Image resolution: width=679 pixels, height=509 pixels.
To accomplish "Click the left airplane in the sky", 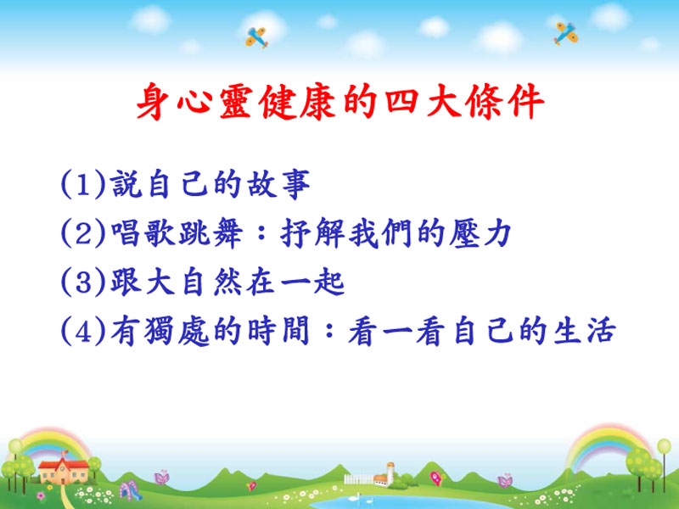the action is coord(256,37).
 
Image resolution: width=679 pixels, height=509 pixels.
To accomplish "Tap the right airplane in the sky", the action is coord(565,33).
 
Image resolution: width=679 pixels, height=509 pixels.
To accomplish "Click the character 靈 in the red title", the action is coord(236,102).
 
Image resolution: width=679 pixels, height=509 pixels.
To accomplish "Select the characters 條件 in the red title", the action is coord(505,102).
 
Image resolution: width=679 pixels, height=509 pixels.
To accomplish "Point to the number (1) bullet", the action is coord(83,184).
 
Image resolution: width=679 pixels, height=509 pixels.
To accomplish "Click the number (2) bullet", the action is coord(83,233).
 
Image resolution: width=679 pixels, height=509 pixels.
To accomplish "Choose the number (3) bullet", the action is coord(83,282).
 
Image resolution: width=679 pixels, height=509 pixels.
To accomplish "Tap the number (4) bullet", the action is coord(83,331).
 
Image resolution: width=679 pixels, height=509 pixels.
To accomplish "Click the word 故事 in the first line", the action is coord(278,184).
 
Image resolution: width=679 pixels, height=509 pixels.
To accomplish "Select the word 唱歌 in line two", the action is coord(142,233).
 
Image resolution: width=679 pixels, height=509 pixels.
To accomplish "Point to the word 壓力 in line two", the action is coord(480,233).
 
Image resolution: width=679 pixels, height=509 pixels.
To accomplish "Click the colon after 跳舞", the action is coord(261,234).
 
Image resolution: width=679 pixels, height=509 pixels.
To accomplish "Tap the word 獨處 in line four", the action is coord(177,331).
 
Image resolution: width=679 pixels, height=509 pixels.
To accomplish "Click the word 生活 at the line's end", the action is coord(585,331).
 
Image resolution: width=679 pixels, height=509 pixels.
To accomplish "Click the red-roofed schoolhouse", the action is coord(63,470).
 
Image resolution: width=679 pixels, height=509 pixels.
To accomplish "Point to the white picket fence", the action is coord(358,478).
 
